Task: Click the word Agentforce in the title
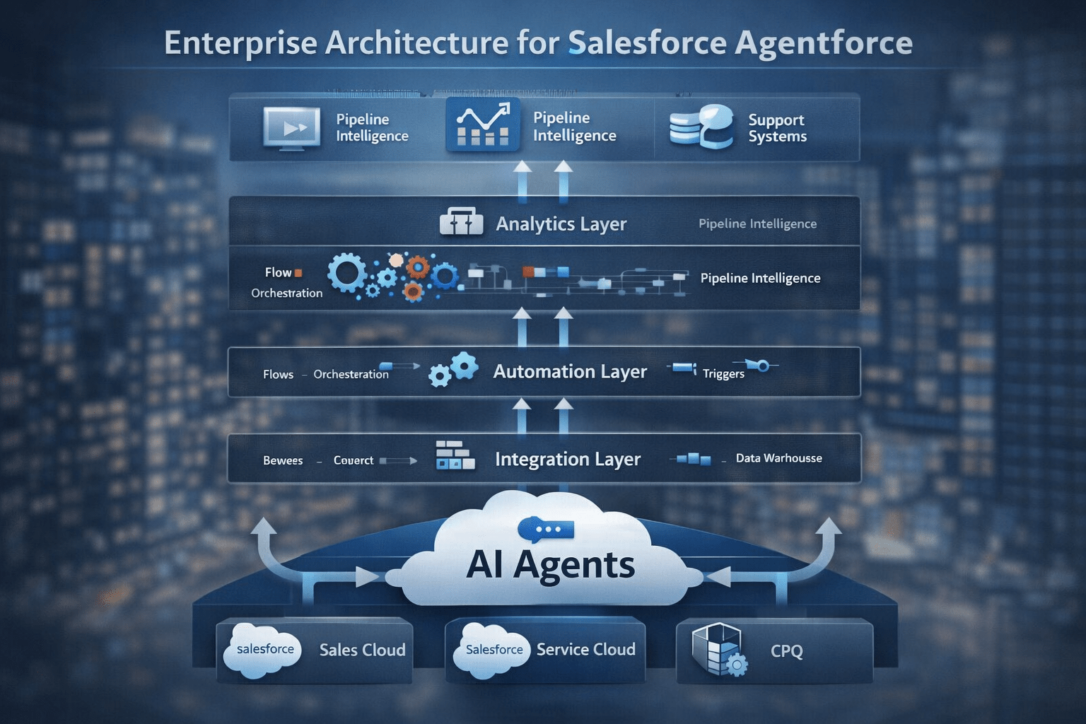pos(823,42)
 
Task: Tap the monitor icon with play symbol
pos(291,128)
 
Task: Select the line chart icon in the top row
pos(483,124)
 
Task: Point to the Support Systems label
pos(777,128)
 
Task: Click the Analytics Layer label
pos(561,224)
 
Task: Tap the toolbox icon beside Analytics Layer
pos(461,222)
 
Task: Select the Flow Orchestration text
pos(286,282)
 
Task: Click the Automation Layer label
pos(570,372)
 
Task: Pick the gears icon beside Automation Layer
pos(453,369)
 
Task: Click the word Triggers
pos(723,374)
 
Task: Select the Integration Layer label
pos(568,460)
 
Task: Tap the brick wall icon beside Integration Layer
pos(455,455)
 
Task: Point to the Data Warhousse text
pos(778,458)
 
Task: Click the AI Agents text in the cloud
pos(551,565)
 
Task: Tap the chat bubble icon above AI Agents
pos(545,529)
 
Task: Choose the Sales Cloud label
pos(362,650)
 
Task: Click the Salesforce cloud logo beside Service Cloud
pos(493,650)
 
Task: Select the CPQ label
pos(786,651)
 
